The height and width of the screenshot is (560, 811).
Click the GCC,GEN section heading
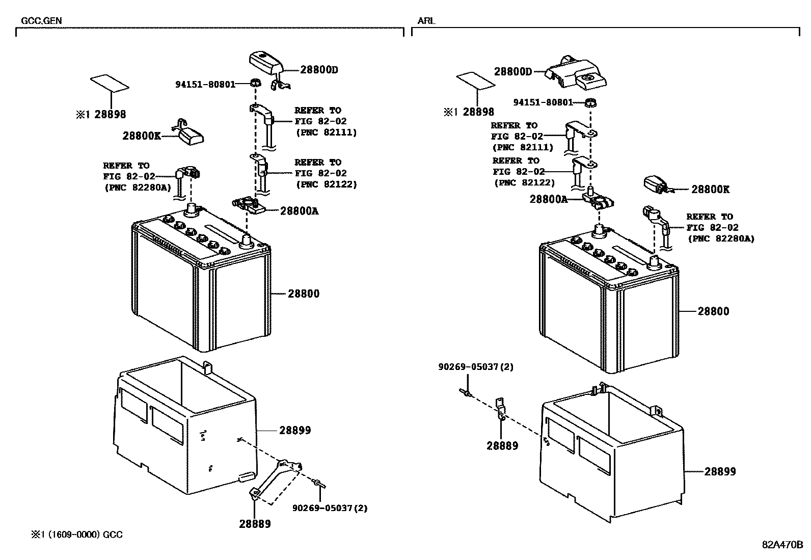[x=41, y=21]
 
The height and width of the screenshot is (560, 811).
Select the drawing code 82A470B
[x=782, y=545]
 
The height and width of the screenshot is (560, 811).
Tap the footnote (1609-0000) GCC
[x=77, y=535]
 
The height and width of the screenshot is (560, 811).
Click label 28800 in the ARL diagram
[x=713, y=311]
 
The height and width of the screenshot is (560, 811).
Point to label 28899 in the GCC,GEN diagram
[x=294, y=430]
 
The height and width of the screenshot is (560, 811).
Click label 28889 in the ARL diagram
[x=502, y=446]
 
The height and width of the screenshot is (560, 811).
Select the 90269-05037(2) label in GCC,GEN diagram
[x=330, y=508]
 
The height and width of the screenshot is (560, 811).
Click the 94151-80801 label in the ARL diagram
[x=543, y=102]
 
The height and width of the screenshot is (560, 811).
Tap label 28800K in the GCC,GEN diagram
[x=141, y=136]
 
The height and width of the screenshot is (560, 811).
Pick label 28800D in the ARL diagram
[x=512, y=72]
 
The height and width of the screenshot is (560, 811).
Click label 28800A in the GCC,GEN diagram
[x=299, y=210]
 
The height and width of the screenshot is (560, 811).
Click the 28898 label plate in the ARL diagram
[x=475, y=81]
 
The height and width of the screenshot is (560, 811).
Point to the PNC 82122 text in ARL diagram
[x=524, y=182]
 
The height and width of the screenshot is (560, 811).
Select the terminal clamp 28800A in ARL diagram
[x=598, y=202]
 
